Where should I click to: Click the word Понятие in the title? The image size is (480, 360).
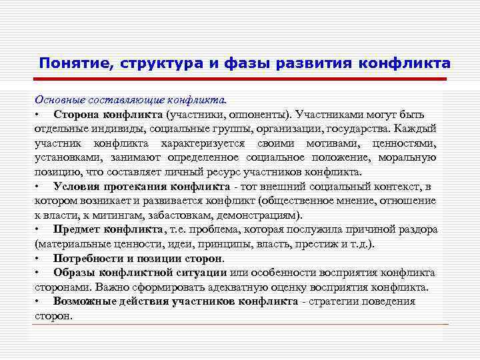(75, 63)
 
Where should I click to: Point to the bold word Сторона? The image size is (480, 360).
(76, 114)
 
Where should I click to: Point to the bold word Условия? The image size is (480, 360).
(77, 186)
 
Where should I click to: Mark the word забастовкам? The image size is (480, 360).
(153, 215)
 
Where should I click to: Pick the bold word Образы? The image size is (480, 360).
(74, 273)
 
